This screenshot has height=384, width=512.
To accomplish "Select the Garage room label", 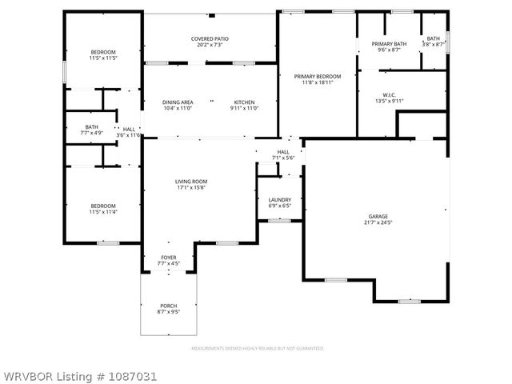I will point(378,217).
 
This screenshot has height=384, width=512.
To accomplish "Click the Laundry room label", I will point(279,201).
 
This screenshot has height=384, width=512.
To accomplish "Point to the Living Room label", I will point(191,182).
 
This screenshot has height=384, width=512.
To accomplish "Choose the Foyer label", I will point(169,258).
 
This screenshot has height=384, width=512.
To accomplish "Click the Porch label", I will point(168,306).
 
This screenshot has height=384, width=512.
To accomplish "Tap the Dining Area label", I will point(178,102).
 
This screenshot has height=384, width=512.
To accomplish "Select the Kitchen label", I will point(244,102).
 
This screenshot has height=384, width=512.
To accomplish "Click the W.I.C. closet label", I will point(390,95).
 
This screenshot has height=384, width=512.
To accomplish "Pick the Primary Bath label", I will point(389,44).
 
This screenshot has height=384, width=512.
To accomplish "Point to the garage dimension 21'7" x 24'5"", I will point(378,222).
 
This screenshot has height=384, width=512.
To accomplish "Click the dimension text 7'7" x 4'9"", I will point(92,134).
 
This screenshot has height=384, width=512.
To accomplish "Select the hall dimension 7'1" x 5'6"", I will point(283,158).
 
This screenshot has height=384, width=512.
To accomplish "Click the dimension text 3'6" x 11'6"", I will point(129,134).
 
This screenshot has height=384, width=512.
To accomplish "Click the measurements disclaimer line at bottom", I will point(256,349).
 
